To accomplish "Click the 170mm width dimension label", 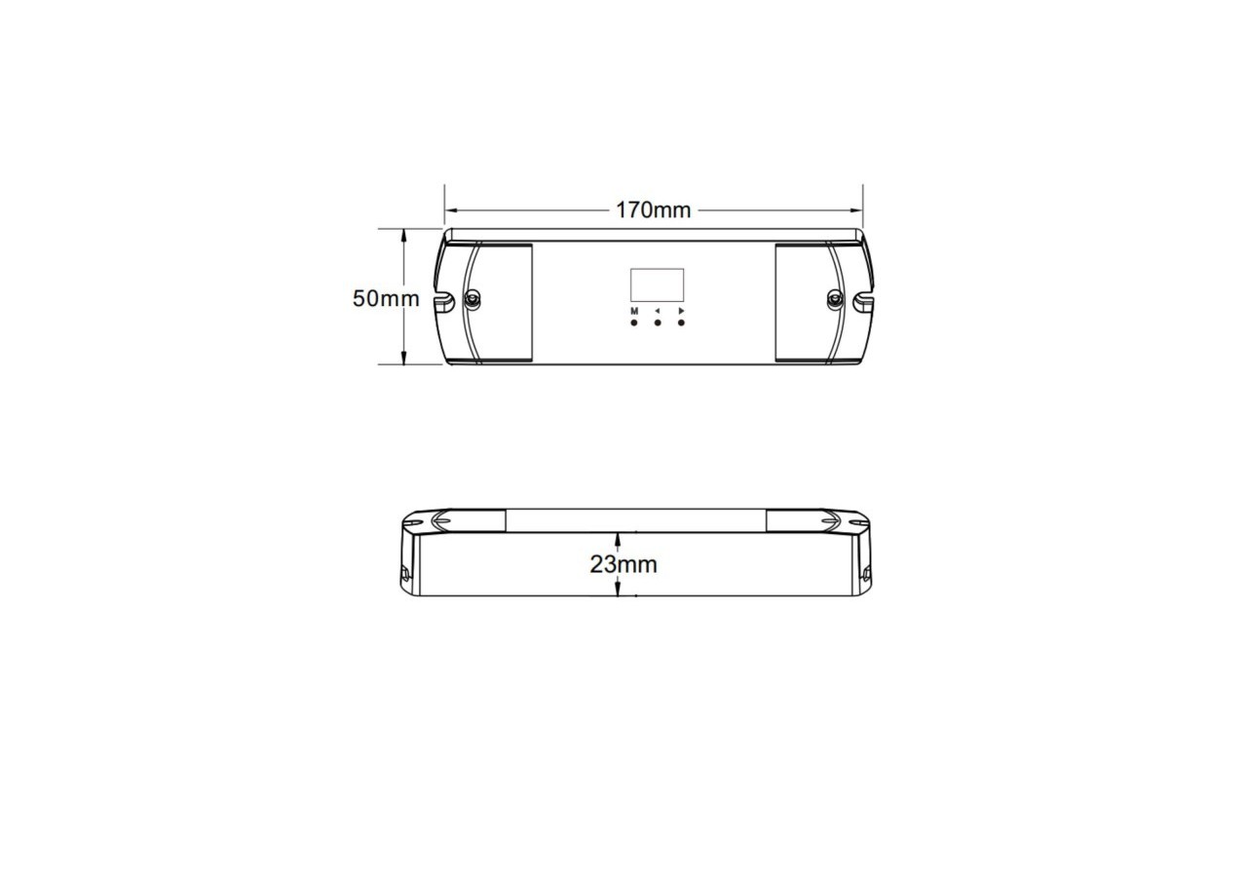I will [x=653, y=210].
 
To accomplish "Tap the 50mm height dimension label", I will [x=386, y=298].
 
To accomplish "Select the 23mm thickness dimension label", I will [x=623, y=564].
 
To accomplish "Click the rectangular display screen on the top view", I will [x=657, y=285].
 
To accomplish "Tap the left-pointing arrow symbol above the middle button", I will [x=658, y=311].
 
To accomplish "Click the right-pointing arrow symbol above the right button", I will [x=682, y=311].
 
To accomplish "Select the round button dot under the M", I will [x=634, y=323].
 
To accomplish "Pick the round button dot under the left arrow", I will [x=658, y=323].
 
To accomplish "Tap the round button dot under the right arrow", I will [x=681, y=323].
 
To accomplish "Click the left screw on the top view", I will [x=472, y=298].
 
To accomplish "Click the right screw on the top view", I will [x=835, y=298].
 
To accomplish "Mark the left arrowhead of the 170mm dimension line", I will [x=451, y=210].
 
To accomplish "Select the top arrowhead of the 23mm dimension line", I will [x=618, y=538].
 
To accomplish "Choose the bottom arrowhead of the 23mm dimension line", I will [x=618, y=591].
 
